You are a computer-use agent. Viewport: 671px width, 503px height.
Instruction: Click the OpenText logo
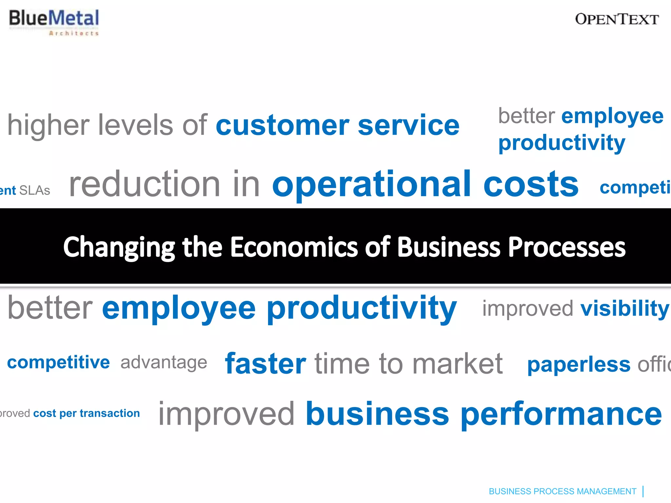point(617,19)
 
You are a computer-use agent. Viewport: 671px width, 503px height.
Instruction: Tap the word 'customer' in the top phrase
point(282,125)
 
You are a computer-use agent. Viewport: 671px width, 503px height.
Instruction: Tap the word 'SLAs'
point(35,191)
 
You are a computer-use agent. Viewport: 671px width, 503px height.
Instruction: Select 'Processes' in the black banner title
point(567,247)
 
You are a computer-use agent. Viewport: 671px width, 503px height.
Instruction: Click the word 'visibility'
point(624,309)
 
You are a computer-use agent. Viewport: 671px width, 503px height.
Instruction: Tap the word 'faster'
point(265,364)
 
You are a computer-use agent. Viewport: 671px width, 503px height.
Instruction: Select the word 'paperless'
point(579,364)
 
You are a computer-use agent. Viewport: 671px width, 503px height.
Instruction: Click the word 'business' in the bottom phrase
point(377,415)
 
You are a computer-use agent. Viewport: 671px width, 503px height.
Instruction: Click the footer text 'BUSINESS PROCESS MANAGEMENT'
point(562,491)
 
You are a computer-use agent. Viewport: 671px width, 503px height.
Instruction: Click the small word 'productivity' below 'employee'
point(562,143)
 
